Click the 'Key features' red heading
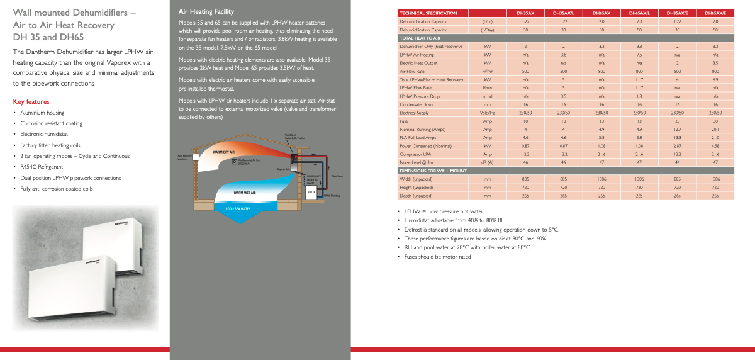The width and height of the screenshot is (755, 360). tap(31, 101)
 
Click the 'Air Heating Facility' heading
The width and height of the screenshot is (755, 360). tap(206, 11)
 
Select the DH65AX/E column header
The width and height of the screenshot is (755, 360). tap(715, 13)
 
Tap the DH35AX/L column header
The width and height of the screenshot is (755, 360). tap(563, 13)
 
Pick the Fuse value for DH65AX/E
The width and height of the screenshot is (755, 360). tap(715, 121)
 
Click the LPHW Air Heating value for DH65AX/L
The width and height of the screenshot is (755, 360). tap(639, 55)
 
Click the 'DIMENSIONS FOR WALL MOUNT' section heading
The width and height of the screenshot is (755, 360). tap(433, 170)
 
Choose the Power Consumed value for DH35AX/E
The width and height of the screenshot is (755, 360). tap(677, 145)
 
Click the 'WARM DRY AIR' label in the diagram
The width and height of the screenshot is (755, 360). tap(223, 152)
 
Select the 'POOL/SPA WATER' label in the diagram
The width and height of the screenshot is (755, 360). tap(238, 208)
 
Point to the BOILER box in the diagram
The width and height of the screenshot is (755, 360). tap(311, 191)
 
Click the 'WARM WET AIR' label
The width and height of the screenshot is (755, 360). tap(245, 192)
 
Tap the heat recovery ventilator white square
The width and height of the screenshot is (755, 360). tap(196, 157)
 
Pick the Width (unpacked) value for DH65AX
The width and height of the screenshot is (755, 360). tap(601, 178)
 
